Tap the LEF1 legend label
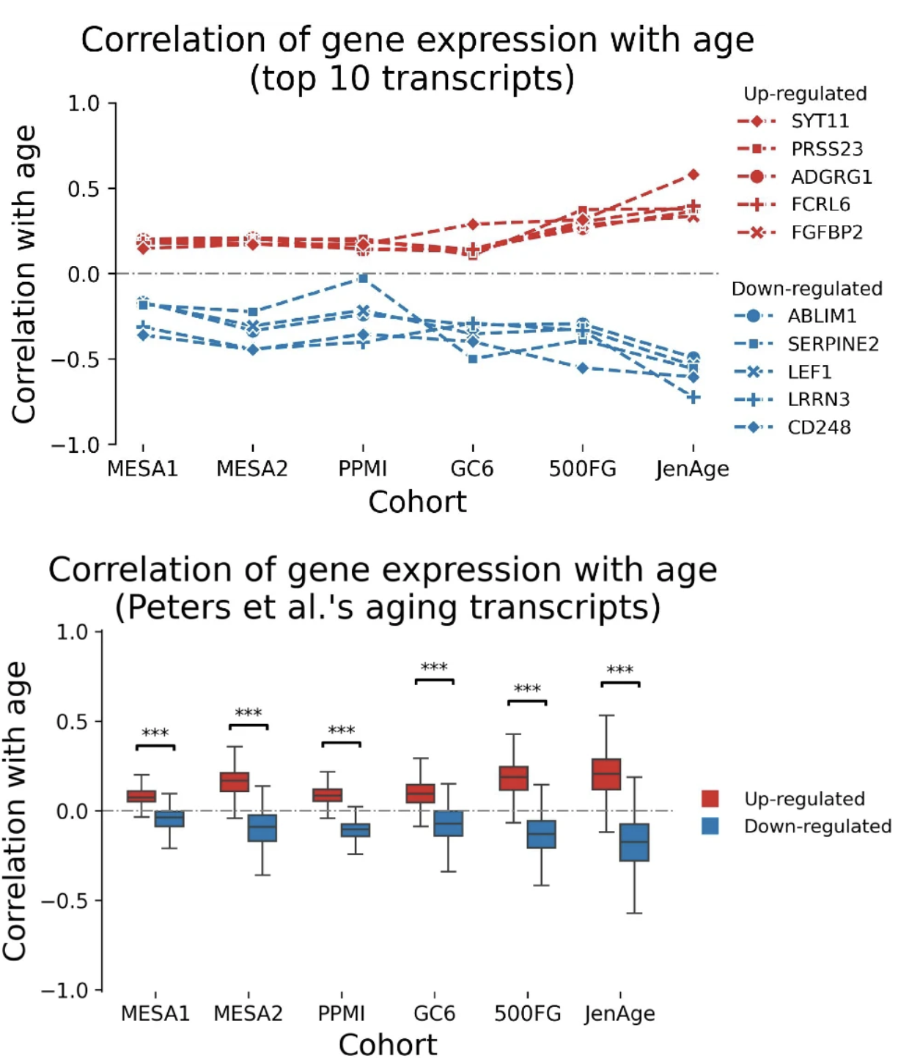click(x=809, y=372)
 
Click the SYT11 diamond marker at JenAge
click(x=693, y=174)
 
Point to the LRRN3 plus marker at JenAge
click(x=693, y=397)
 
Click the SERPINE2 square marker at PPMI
click(x=363, y=278)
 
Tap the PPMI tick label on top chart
click(x=362, y=468)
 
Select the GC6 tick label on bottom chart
click(x=434, y=1013)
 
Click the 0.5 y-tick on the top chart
click(x=83, y=189)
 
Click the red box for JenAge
click(x=606, y=774)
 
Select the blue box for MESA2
click(x=262, y=828)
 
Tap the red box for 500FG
click(x=514, y=778)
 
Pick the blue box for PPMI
click(x=356, y=830)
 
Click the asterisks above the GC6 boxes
click(x=434, y=667)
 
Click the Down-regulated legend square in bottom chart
click(x=710, y=826)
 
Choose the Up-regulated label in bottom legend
click(x=804, y=799)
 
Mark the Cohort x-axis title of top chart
click(x=417, y=502)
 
